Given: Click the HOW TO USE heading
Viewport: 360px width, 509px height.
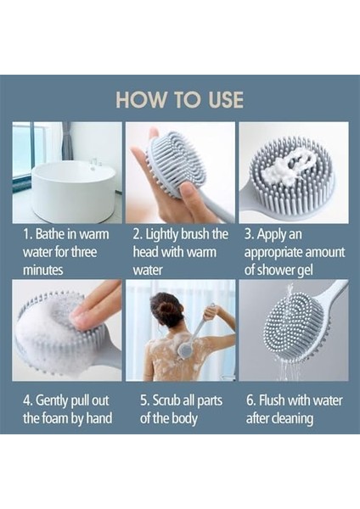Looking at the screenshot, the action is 180,99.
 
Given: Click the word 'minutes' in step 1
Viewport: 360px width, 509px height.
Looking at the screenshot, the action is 43,270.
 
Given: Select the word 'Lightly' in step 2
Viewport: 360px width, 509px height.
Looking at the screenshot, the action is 160,235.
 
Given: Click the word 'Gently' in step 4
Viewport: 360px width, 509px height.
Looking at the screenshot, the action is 52,401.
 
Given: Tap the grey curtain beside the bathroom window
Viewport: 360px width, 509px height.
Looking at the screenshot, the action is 67,142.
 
